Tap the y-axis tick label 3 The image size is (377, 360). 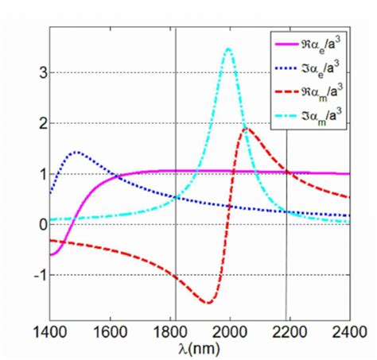[x=33, y=72]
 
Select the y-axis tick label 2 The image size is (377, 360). [x=33, y=123]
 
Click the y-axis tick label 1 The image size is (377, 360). [x=33, y=174]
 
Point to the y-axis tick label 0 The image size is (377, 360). [x=33, y=225]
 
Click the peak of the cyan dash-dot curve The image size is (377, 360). [x=229, y=48]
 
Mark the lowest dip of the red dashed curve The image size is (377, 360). [x=208, y=303]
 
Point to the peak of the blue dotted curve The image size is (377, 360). [x=76, y=152]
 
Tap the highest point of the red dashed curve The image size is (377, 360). [x=247, y=128]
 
